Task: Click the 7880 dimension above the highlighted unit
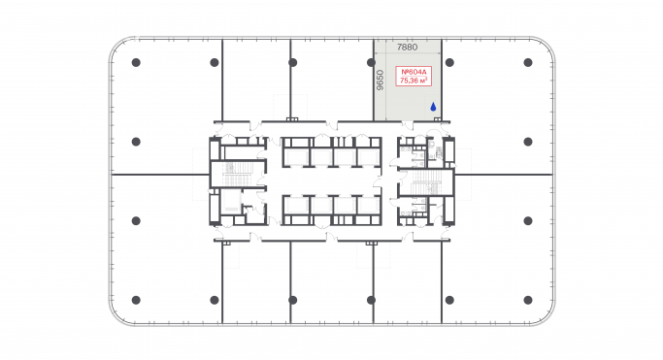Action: pos(408,47)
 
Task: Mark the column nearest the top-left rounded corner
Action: pos(136,63)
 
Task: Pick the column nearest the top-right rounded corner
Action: pos(527,63)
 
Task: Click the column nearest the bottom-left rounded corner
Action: pos(136,299)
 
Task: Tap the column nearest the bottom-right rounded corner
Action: pos(527,299)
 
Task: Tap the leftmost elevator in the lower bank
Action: pos(296,208)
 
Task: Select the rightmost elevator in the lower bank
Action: pos(367,208)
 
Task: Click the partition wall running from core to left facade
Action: pos(160,175)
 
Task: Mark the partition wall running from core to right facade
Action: pos(505,175)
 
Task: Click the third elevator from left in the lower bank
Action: pos(344,208)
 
